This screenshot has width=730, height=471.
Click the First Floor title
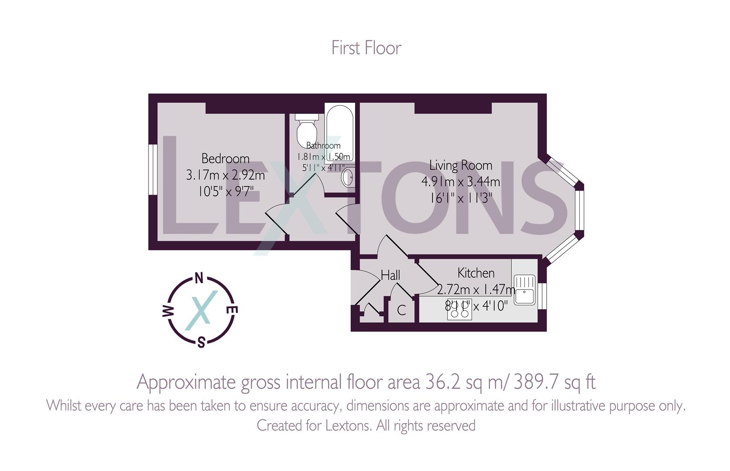366,48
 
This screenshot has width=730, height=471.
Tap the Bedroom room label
225,158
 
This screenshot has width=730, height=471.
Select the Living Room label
460,165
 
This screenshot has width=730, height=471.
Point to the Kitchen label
476,273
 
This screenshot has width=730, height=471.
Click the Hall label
390,275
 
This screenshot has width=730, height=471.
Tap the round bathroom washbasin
348,177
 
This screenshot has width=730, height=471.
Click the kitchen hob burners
459,310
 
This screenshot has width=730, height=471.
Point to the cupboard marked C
401,310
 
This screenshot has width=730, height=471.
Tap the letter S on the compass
201,343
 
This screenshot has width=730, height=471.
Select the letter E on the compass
233,310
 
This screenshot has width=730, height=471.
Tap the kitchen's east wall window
542,296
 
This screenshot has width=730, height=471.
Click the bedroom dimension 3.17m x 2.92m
225,175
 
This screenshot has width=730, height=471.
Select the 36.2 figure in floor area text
437,382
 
